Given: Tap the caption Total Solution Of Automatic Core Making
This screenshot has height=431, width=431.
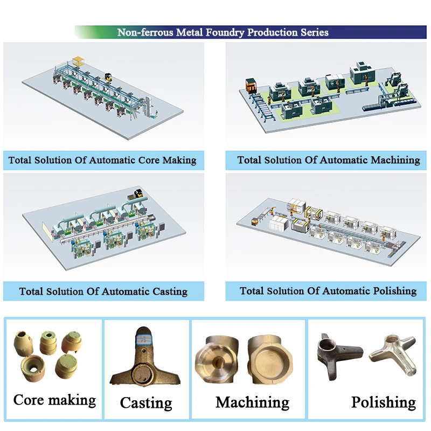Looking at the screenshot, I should (x=102, y=161).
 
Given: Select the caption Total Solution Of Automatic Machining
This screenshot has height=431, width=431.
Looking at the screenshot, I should (x=329, y=160).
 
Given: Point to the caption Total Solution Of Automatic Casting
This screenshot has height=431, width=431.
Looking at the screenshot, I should (x=103, y=291).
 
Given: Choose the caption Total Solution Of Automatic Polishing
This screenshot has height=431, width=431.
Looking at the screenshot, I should (x=328, y=291).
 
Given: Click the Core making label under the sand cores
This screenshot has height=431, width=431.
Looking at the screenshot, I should (x=54, y=400).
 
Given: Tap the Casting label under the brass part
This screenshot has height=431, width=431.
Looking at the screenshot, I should (x=146, y=403).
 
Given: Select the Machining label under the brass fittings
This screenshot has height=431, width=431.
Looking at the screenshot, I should (x=252, y=402).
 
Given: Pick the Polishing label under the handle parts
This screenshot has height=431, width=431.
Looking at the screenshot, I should (x=383, y=402).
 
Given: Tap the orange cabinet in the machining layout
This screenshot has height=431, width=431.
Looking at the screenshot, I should (x=251, y=86).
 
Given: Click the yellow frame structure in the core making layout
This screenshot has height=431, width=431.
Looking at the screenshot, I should (x=80, y=61).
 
